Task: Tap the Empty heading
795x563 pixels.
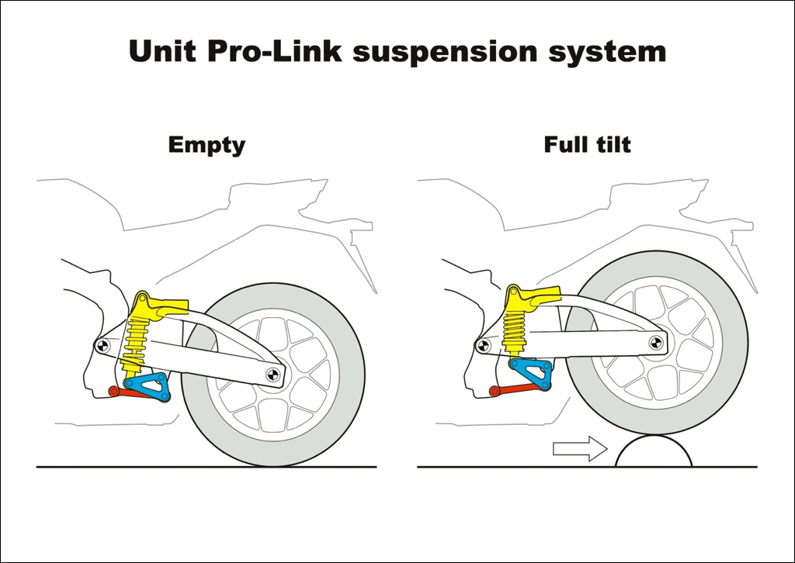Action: click(x=207, y=145)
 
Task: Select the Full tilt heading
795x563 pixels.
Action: click(x=587, y=145)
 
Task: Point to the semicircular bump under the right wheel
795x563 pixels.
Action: click(x=653, y=453)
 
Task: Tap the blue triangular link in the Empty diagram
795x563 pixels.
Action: click(x=148, y=384)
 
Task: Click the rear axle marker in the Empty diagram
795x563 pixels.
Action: click(x=272, y=375)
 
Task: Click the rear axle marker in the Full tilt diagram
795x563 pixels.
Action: click(x=653, y=342)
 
